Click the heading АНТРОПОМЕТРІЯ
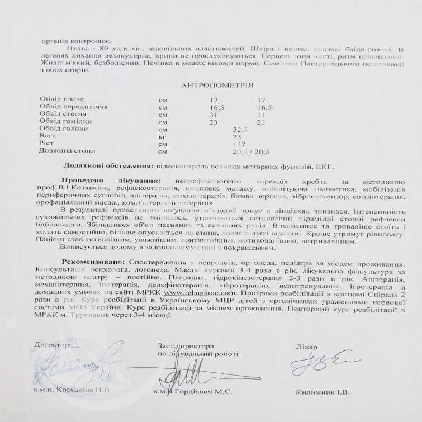click(x=217, y=86)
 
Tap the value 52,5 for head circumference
click(x=240, y=129)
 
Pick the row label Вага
click(x=47, y=136)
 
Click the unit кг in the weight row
click(x=163, y=136)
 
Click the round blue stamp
click(x=92, y=366)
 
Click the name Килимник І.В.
click(x=323, y=392)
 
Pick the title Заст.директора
click(x=185, y=346)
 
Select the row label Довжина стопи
click(x=68, y=151)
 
